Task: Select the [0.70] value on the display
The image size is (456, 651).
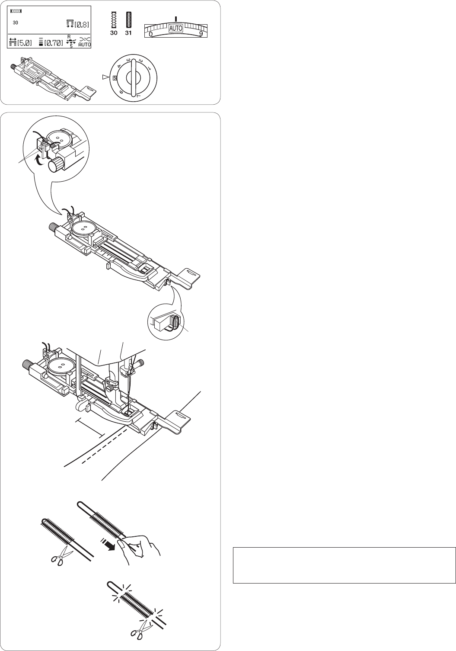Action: click(x=54, y=42)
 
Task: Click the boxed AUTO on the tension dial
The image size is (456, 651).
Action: click(x=176, y=29)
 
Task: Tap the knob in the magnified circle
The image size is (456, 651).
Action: click(x=55, y=165)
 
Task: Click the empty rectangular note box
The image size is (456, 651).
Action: click(x=344, y=565)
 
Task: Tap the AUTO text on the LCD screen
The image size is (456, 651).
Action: click(x=85, y=45)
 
